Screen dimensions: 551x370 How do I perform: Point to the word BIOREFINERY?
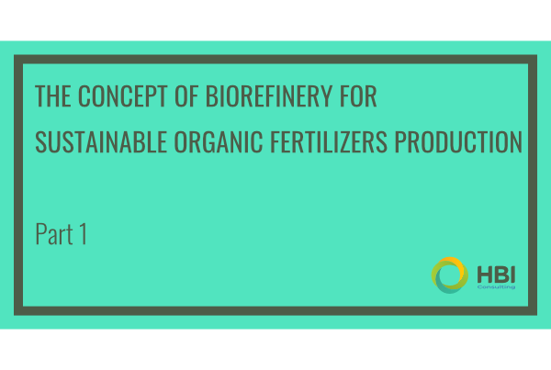coord(269,95)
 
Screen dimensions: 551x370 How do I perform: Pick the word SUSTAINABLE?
coord(101,142)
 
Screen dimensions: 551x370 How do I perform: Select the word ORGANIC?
coord(219,142)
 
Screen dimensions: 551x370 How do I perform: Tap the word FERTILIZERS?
coord(329,142)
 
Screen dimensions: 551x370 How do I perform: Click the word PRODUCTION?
coord(458,142)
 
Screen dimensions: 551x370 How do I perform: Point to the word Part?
coord(54,234)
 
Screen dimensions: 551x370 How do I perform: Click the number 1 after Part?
coord(84,234)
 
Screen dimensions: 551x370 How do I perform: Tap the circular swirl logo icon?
coord(450,275)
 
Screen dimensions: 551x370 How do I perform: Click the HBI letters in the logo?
coord(496,275)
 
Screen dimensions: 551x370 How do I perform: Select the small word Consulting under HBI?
coord(496,287)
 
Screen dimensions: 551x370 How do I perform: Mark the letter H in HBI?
coord(485,275)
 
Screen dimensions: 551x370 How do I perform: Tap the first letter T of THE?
coord(40,95)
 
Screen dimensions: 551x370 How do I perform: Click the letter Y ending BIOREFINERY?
coord(326,95)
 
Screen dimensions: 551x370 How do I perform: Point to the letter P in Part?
coord(40,234)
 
